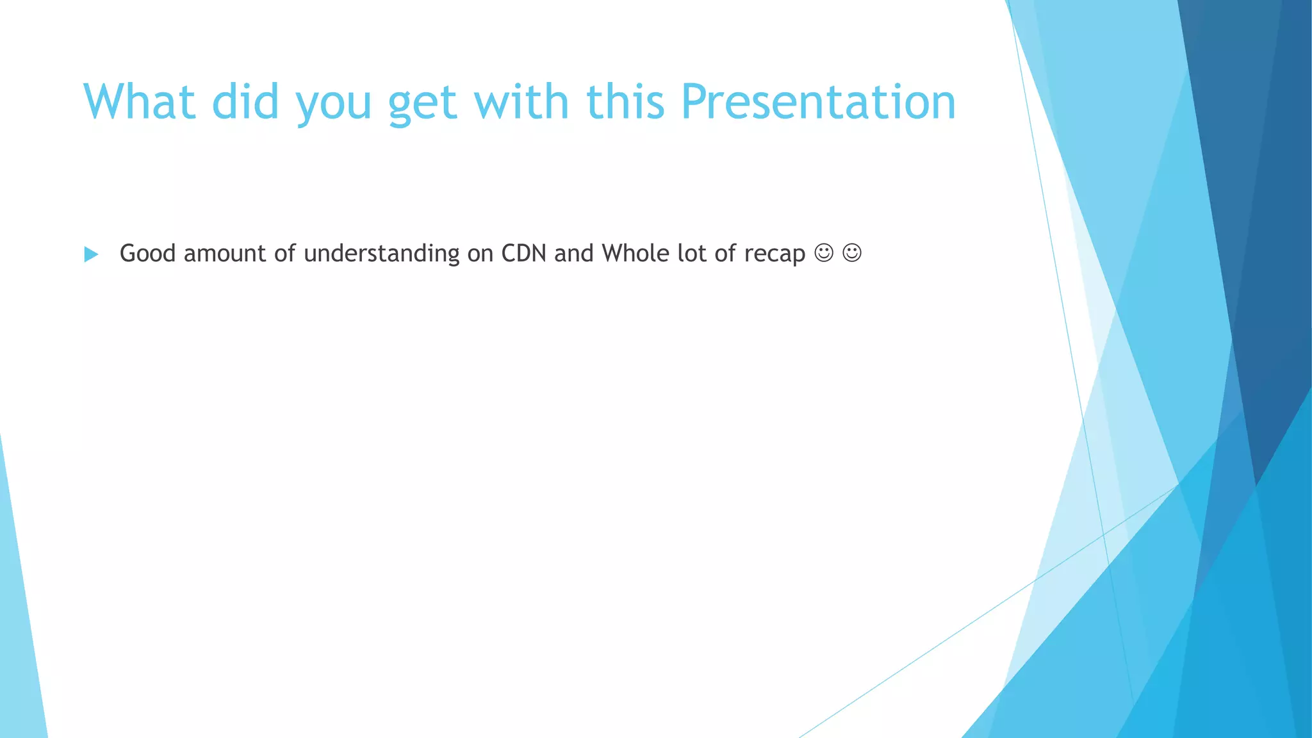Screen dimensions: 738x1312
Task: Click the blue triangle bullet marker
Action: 91,254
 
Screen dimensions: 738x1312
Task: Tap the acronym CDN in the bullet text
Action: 523,253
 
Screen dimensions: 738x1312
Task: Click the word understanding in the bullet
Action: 381,254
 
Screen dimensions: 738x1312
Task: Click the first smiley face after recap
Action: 824,253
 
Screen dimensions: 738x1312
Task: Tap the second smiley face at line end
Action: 852,253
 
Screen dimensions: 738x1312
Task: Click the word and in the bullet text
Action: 574,253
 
